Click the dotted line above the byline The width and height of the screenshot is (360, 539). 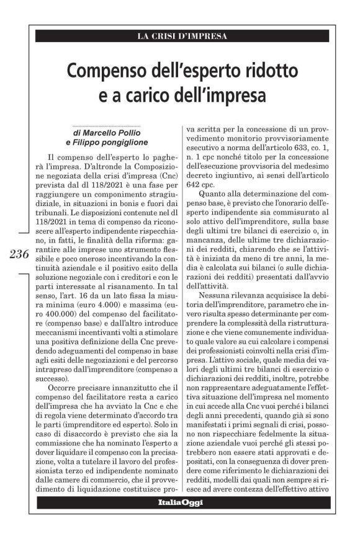pos(107,125)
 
